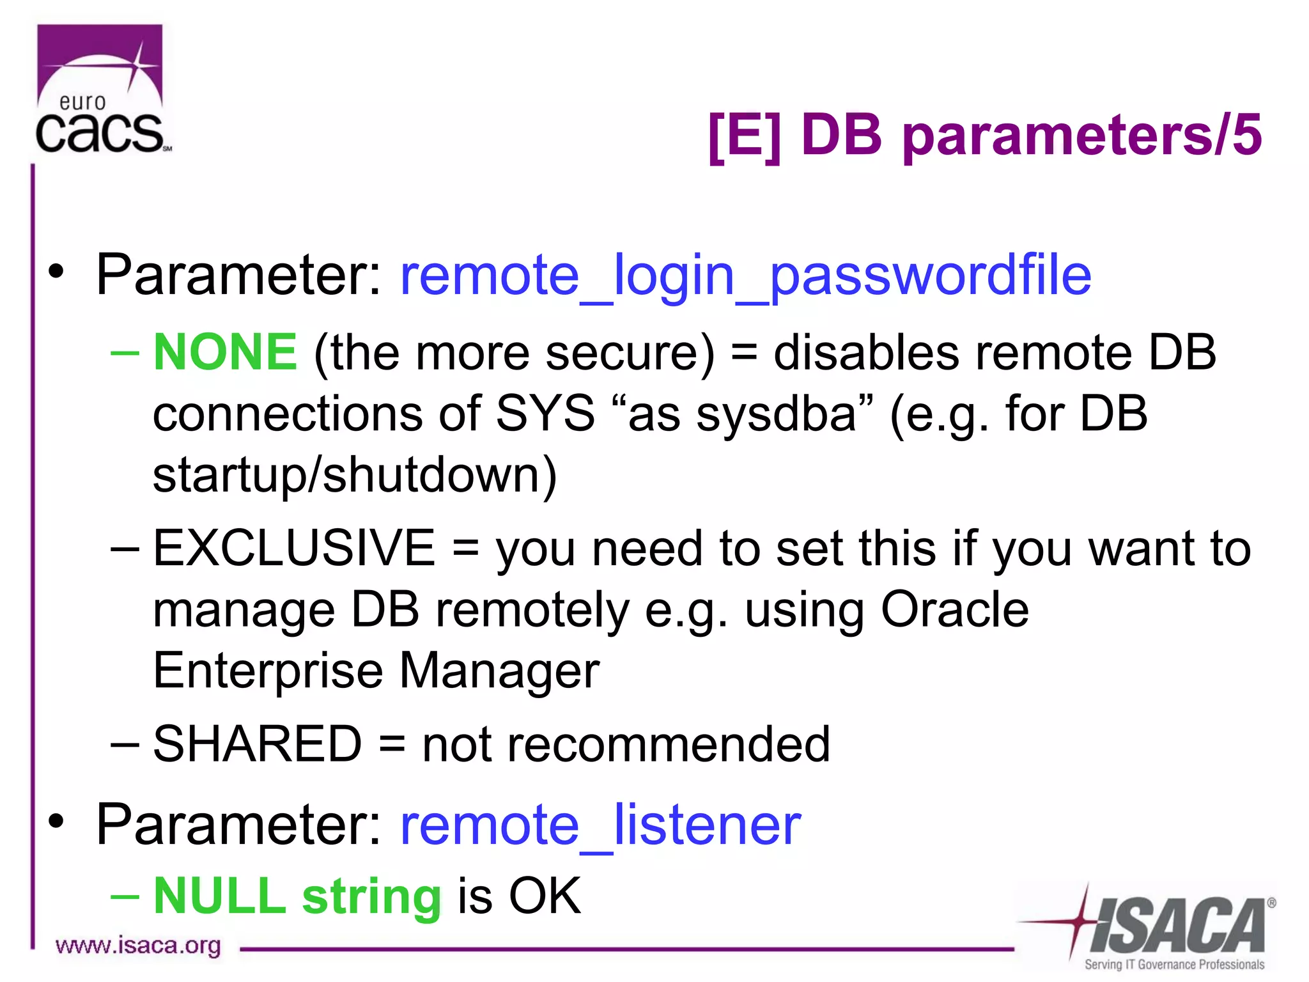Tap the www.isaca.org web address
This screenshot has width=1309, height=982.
(x=138, y=946)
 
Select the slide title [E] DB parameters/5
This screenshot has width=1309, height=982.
(x=984, y=135)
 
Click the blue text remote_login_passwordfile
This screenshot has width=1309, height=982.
(x=745, y=276)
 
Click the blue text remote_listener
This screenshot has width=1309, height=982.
(x=600, y=825)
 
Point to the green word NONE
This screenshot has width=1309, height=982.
(x=225, y=352)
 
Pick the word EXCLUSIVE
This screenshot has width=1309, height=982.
(x=294, y=548)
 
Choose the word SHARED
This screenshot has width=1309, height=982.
(x=258, y=744)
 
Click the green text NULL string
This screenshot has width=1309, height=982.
(x=297, y=896)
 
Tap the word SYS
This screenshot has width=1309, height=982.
(x=545, y=414)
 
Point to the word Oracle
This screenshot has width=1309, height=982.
(x=954, y=609)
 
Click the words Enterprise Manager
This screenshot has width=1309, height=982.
(x=376, y=671)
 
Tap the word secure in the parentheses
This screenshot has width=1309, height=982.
(x=629, y=354)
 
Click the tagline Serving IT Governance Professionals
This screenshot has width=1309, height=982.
(x=1174, y=964)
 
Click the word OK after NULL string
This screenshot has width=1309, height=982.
(x=545, y=896)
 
